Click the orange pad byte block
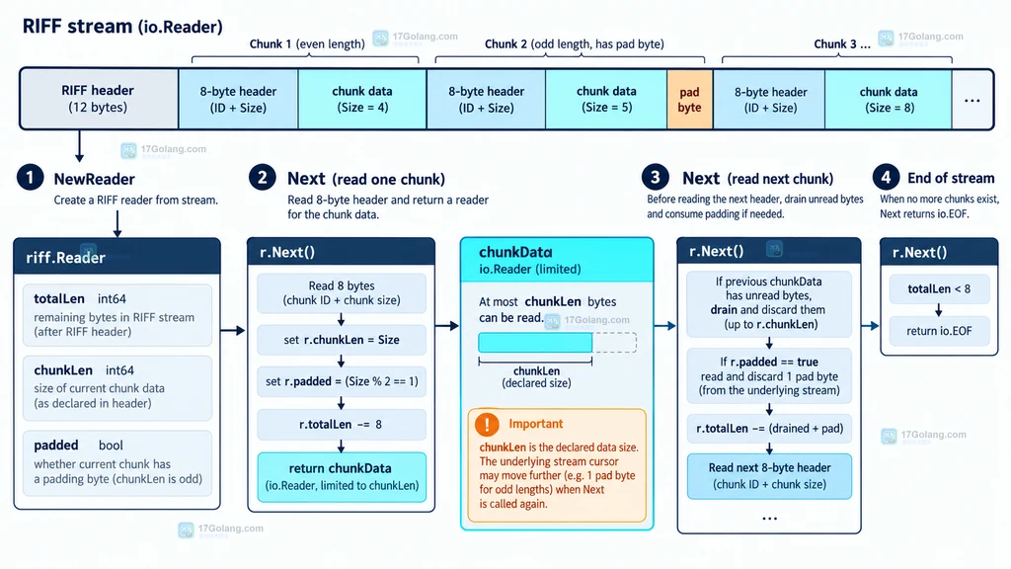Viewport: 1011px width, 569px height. click(x=689, y=100)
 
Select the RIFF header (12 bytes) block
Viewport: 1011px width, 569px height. click(x=99, y=99)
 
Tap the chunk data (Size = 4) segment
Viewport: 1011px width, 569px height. click(x=361, y=100)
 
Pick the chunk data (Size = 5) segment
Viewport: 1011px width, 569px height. click(x=606, y=100)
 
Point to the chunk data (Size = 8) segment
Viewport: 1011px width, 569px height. click(x=889, y=100)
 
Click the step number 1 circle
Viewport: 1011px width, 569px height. click(x=31, y=178)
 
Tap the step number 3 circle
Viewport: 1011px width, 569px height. click(x=656, y=177)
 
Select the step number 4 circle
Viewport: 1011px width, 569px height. click(x=886, y=177)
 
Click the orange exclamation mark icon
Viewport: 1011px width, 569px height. click(x=487, y=424)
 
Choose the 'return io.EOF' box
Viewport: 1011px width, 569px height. click(x=939, y=331)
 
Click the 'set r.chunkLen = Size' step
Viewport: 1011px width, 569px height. click(x=341, y=340)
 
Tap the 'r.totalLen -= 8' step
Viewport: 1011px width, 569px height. click(x=341, y=425)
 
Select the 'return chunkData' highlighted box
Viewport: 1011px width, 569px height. click(x=341, y=477)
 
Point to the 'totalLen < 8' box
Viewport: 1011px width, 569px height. click(x=939, y=289)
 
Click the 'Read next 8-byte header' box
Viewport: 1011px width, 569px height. click(x=769, y=476)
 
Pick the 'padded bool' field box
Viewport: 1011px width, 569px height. click(x=117, y=462)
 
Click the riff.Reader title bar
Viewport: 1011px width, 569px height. click(x=117, y=257)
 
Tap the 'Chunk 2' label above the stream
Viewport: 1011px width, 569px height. click(x=505, y=43)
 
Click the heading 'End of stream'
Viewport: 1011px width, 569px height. click(x=951, y=178)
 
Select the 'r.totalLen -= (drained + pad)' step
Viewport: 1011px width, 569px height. click(x=769, y=429)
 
